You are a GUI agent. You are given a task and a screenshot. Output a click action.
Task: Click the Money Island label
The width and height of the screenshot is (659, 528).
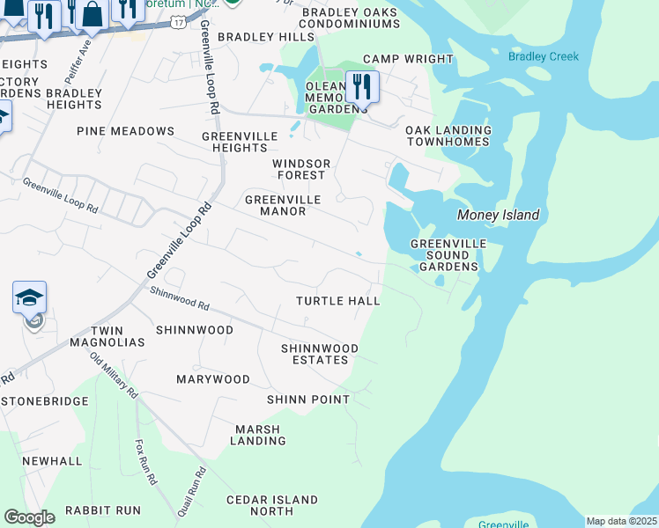pyautogui.click(x=498, y=216)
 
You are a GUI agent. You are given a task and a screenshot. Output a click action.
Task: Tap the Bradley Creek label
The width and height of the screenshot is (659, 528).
pyautogui.click(x=544, y=56)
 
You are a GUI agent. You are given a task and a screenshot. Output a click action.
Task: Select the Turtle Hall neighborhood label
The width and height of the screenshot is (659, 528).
pyautogui.click(x=337, y=301)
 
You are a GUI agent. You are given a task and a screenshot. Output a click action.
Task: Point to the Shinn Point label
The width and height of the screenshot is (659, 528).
pyautogui.click(x=308, y=400)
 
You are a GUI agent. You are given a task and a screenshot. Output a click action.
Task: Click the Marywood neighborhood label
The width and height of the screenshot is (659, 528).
pyautogui.click(x=212, y=379)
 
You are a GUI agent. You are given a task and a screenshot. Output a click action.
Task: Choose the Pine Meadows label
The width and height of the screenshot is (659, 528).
pyautogui.click(x=125, y=131)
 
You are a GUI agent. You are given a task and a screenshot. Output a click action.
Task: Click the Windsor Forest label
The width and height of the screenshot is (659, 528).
pyautogui.click(x=300, y=170)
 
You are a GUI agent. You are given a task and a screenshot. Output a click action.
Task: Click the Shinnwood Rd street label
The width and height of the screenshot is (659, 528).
pyautogui.click(x=179, y=299)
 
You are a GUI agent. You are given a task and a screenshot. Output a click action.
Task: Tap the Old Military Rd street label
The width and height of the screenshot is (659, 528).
pyautogui.click(x=115, y=374)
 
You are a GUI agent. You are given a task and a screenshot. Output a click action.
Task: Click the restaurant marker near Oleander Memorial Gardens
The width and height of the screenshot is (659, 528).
pyautogui.click(x=362, y=87)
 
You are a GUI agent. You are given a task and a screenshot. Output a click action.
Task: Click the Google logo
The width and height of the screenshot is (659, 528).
pyautogui.click(x=29, y=517)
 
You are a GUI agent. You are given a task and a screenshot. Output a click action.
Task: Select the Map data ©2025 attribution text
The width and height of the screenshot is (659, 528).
pyautogui.click(x=620, y=521)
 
